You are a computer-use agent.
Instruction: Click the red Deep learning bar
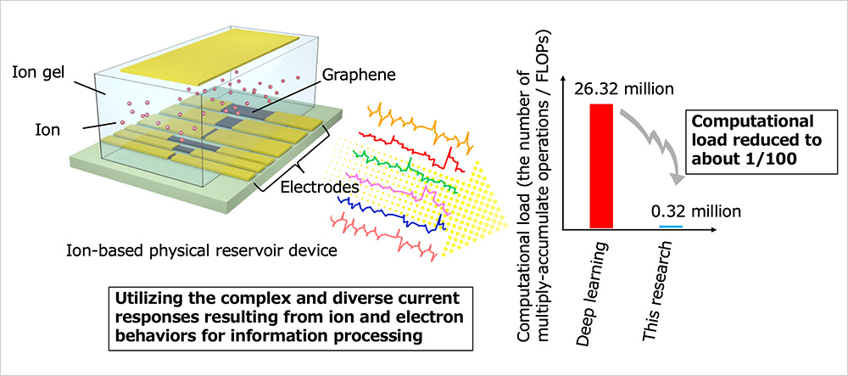[600, 165]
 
